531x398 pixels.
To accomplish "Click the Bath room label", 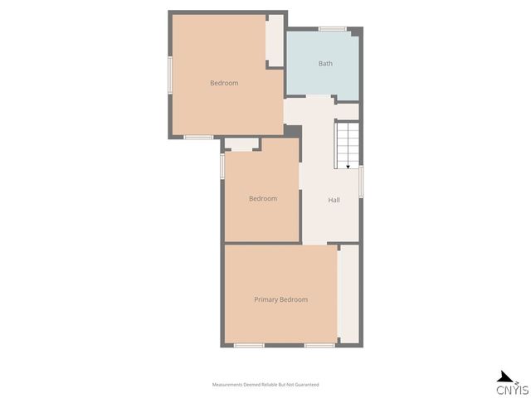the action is (x=325, y=64).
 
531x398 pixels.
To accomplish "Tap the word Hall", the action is (x=334, y=200).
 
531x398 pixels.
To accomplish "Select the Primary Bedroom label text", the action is (x=280, y=299).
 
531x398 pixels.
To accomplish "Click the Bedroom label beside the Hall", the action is (x=263, y=199).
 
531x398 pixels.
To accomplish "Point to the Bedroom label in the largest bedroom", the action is (x=224, y=83).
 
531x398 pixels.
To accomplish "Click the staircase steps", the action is (x=347, y=146).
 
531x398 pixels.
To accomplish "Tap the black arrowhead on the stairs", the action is (x=348, y=167).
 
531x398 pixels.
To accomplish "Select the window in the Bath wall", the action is (x=333, y=29).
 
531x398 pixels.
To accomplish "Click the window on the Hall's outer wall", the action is (x=361, y=182).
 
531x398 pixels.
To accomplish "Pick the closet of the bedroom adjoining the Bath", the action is (x=275, y=41).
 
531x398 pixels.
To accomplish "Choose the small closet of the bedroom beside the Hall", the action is (x=241, y=143).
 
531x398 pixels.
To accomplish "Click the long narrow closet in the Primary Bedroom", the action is (x=348, y=294).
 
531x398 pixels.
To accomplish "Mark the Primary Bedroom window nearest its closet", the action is (x=319, y=346).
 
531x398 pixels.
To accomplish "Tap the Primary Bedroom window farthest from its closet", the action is (x=249, y=346).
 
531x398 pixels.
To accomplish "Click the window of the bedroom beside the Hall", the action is (x=222, y=166).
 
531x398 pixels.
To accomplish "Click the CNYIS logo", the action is (x=512, y=383).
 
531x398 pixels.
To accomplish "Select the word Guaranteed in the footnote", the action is (x=307, y=385).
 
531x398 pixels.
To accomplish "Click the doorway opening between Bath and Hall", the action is (x=319, y=97).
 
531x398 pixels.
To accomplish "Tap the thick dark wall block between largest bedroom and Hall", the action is (x=293, y=131).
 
